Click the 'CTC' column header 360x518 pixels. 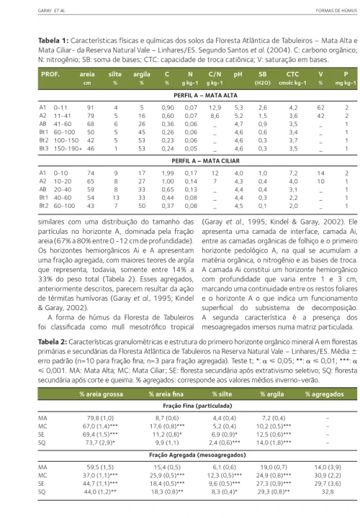pos(293,74)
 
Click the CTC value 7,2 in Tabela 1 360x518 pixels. pos(293,173)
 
